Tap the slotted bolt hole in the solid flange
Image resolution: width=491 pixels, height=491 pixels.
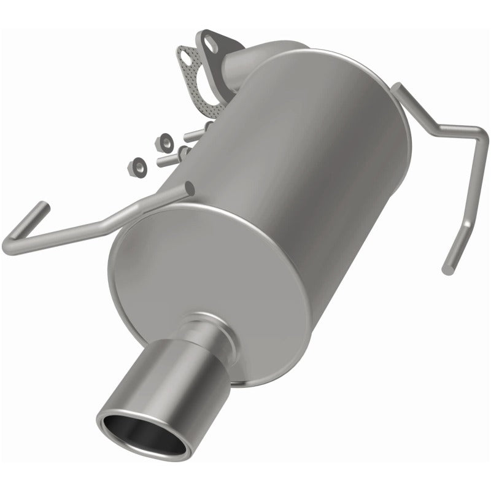(211, 45)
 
